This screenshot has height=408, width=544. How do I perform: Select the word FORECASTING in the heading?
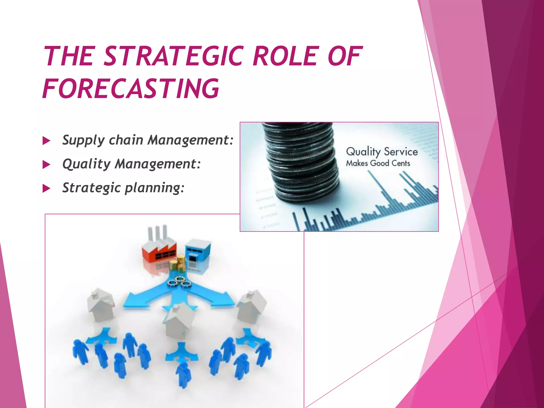[x=131, y=88]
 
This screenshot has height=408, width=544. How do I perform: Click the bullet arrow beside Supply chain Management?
[x=46, y=141]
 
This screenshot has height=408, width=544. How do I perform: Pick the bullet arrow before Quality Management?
[x=46, y=165]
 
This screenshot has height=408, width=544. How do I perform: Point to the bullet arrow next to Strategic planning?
[x=46, y=189]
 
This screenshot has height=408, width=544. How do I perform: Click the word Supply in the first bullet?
[x=83, y=140]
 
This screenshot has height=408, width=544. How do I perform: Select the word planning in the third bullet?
[x=154, y=188]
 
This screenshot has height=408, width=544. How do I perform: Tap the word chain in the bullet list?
[x=126, y=140]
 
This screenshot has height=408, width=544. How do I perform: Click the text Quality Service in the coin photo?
[x=382, y=152]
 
